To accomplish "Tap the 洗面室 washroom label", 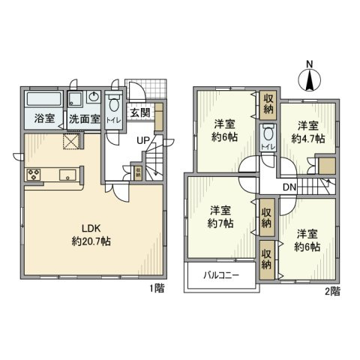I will point(83,118).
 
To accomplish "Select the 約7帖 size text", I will point(219,223).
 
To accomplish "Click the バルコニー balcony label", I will point(221,275).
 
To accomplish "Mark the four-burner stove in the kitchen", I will point(34,175).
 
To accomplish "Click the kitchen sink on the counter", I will point(67,177).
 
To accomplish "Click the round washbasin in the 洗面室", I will point(91,97).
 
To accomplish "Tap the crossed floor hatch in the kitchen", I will point(71,141).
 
